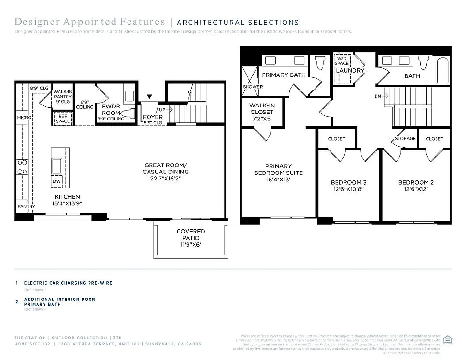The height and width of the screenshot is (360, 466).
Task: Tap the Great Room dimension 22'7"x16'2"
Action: tap(165, 179)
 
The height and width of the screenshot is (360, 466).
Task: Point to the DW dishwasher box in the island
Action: tap(57, 181)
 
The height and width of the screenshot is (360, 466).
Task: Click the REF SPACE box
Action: tap(63, 119)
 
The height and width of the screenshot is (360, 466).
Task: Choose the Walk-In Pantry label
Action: tap(63, 97)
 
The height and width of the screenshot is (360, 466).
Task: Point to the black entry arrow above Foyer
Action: tap(149, 97)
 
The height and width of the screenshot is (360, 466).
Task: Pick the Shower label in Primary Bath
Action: tap(253, 87)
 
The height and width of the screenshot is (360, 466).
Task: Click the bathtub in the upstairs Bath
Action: tap(443, 69)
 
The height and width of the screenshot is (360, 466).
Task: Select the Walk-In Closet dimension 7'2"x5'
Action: tap(262, 119)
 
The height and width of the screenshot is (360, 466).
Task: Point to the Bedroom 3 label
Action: tap(348, 182)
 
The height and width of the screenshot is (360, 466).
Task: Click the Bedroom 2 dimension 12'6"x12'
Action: tap(413, 189)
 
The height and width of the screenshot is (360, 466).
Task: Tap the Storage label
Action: tap(405, 139)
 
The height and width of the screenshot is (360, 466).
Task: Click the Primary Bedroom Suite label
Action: tap(278, 169)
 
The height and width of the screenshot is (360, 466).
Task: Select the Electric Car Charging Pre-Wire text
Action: tap(68, 283)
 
